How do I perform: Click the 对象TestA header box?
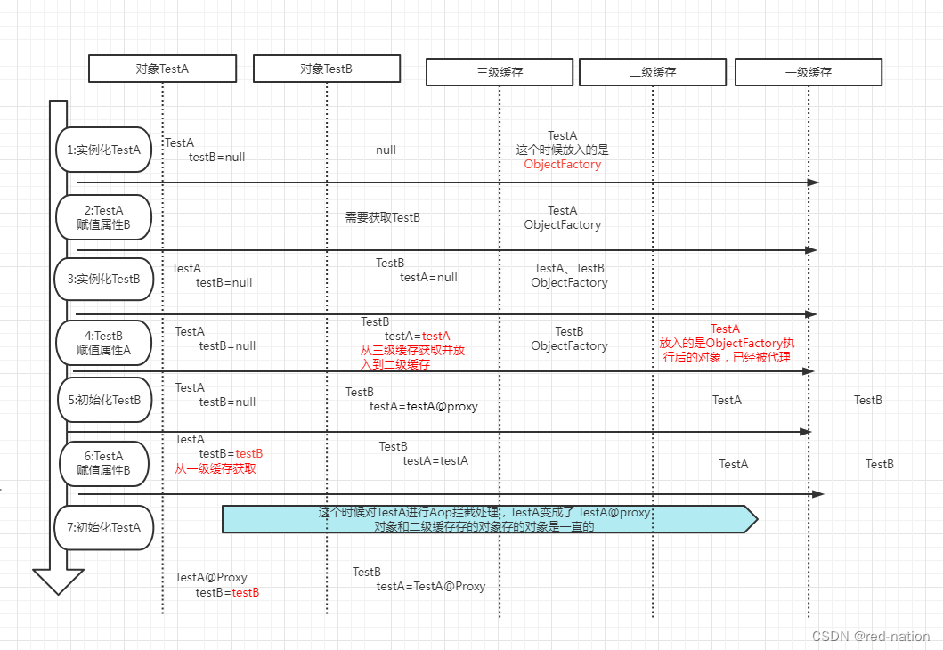[x=162, y=69]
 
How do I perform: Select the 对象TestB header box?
[x=327, y=69]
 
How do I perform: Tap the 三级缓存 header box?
[x=500, y=72]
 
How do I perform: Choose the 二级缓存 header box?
[x=653, y=72]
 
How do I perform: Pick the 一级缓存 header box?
[x=809, y=72]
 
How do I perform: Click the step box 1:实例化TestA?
[x=104, y=150]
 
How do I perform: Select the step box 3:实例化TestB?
[x=104, y=279]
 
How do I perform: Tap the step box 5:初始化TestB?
[x=104, y=400]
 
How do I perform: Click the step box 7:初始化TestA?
[x=104, y=527]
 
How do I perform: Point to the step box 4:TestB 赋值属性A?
[x=104, y=343]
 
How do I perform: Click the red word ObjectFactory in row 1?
[x=563, y=165]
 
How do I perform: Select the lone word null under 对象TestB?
[x=386, y=150]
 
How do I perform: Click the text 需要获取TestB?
[x=383, y=217]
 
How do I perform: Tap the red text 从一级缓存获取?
[x=215, y=468]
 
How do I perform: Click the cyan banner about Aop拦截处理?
[x=488, y=519]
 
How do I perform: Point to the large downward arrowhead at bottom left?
[x=58, y=581]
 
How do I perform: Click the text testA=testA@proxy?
[x=424, y=407]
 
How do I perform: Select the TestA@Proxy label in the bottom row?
[x=211, y=578]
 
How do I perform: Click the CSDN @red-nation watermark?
[x=871, y=637]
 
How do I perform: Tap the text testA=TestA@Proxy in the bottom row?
[x=431, y=587]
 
